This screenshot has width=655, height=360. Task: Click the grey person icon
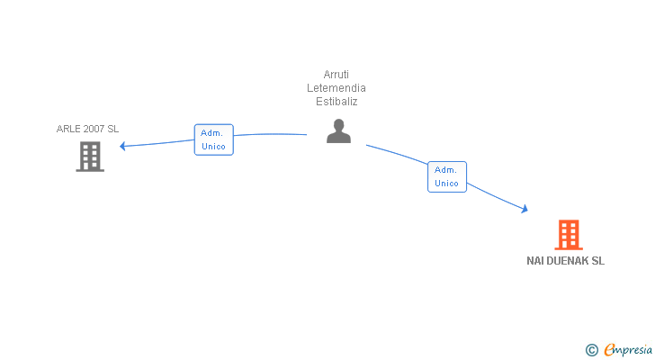pyautogui.click(x=338, y=131)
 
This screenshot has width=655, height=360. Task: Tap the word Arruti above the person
pyautogui.click(x=336, y=75)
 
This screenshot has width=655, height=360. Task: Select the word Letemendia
pyautogui.click(x=336, y=88)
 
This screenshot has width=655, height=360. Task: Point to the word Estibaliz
pyautogui.click(x=336, y=102)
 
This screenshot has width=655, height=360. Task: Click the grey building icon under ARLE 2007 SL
pyautogui.click(x=89, y=157)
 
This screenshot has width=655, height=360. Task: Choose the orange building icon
pyautogui.click(x=568, y=235)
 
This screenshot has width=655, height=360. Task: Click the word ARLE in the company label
pyautogui.click(x=68, y=129)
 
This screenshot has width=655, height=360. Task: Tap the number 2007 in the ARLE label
pyautogui.click(x=94, y=129)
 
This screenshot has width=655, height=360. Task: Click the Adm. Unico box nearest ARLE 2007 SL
pyautogui.click(x=213, y=139)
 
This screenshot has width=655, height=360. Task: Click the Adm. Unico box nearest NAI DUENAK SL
pyautogui.click(x=446, y=176)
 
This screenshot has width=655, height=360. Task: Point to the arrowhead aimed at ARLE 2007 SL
pyautogui.click(x=123, y=146)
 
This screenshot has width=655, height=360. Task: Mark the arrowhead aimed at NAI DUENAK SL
pyautogui.click(x=524, y=210)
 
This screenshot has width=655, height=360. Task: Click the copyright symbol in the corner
pyautogui.click(x=591, y=349)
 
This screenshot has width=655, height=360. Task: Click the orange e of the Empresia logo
pyautogui.click(x=610, y=349)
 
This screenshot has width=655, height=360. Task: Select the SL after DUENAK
pyautogui.click(x=597, y=261)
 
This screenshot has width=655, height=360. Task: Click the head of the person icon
pyautogui.click(x=338, y=124)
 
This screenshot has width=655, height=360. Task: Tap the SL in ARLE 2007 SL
pyautogui.click(x=112, y=129)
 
